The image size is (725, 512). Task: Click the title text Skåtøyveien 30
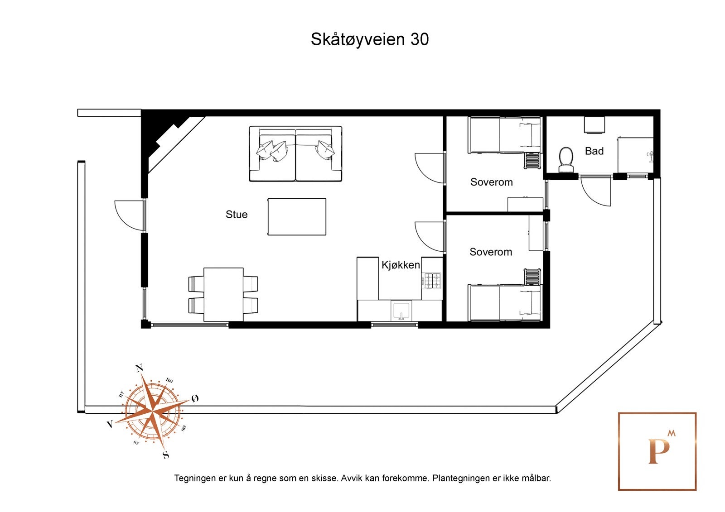click(x=369, y=39)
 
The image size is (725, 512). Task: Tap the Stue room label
click(x=237, y=215)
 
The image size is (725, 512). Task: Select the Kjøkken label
click(x=401, y=265)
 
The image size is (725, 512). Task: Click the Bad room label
click(x=594, y=151)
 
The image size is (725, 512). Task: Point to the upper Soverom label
click(x=491, y=182)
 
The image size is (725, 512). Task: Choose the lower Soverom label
click(x=491, y=252)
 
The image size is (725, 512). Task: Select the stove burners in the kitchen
click(x=432, y=281)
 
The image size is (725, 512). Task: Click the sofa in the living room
click(x=295, y=154)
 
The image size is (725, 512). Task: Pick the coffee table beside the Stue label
click(x=297, y=217)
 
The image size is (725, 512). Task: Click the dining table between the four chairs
click(x=223, y=294)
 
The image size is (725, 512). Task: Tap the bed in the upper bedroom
click(x=504, y=135)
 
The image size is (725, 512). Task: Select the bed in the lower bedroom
click(x=504, y=302)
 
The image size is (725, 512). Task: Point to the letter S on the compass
click(x=166, y=455)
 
